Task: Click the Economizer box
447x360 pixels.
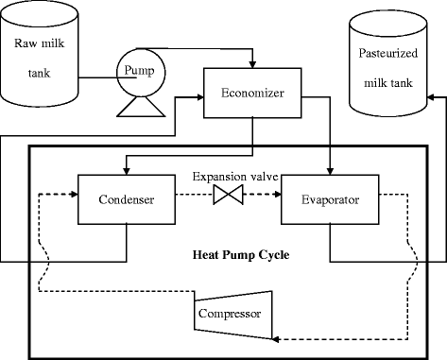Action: click(x=253, y=94)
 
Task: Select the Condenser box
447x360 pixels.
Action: click(x=127, y=199)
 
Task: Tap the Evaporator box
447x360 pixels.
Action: click(x=329, y=199)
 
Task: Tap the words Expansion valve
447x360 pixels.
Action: click(x=228, y=177)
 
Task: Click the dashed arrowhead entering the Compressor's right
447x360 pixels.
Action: click(x=282, y=336)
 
